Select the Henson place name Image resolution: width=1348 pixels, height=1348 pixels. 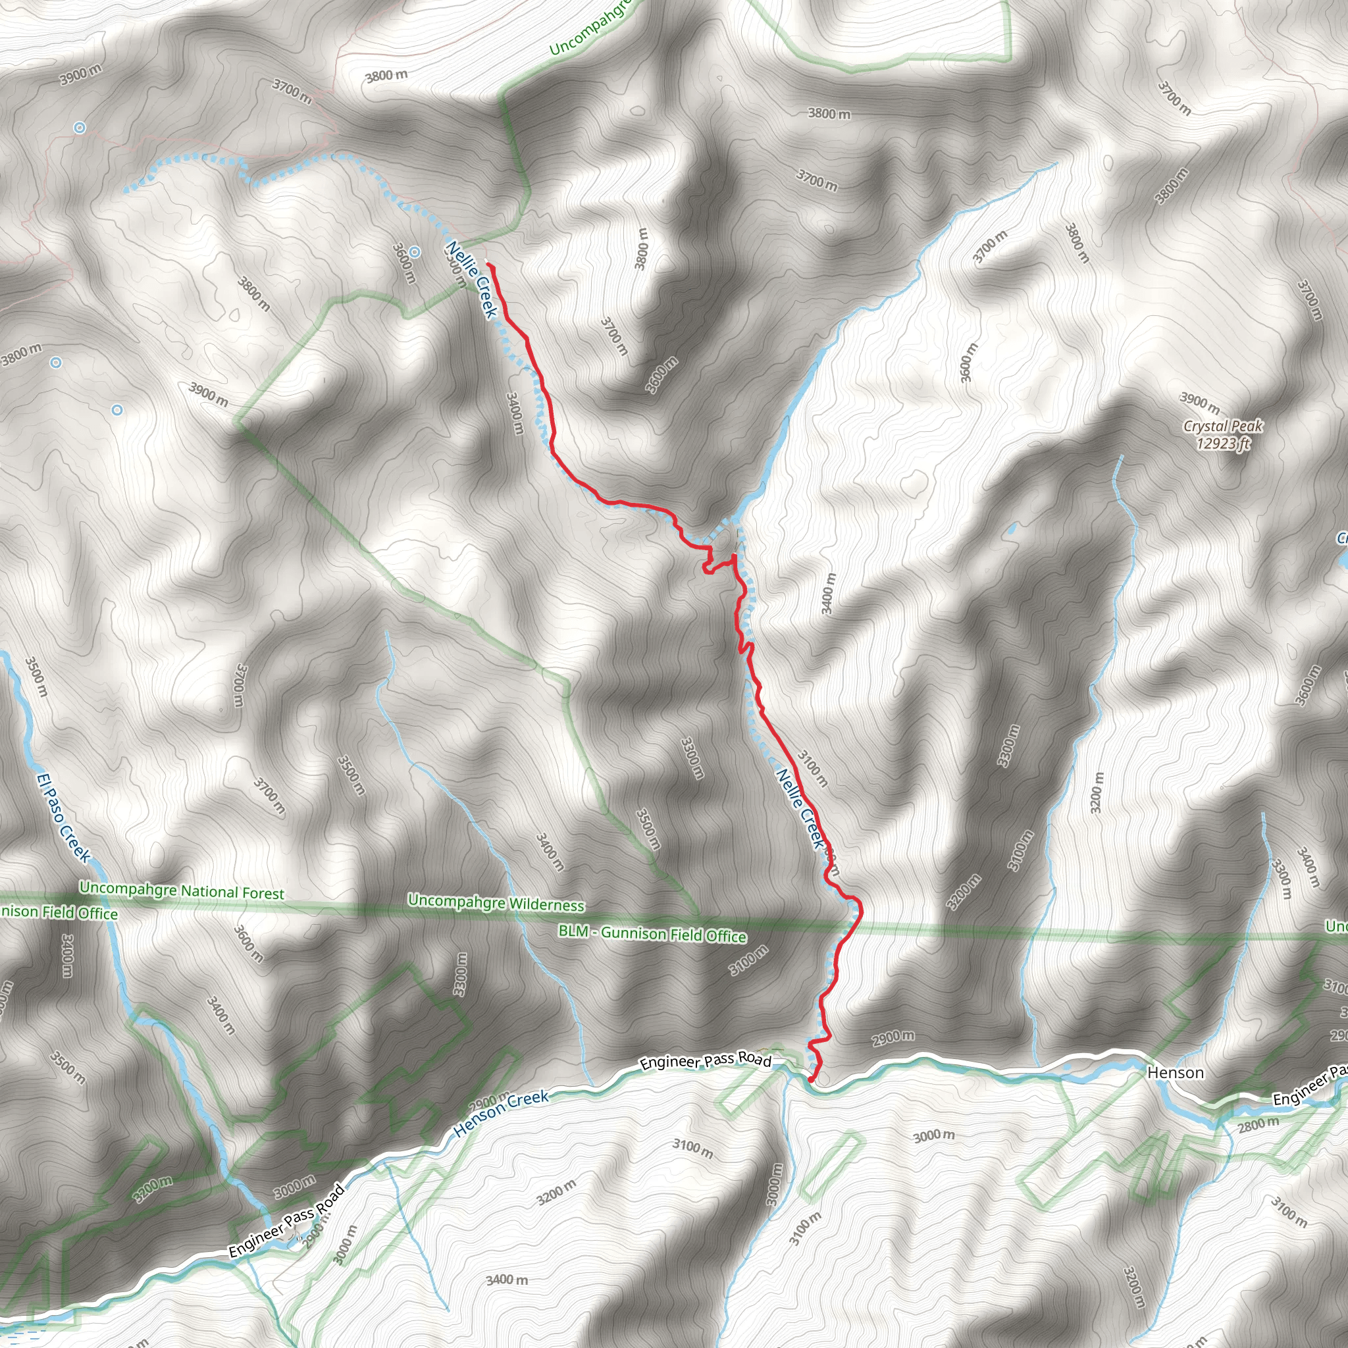pyautogui.click(x=1176, y=1072)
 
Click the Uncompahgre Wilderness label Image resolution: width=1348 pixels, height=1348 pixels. pyautogui.click(x=496, y=903)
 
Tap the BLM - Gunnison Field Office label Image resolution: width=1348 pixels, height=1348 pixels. pyautogui.click(x=652, y=933)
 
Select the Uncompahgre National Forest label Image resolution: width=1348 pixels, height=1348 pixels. pyautogui.click(x=182, y=891)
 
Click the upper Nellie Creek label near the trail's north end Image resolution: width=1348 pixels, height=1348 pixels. pyautogui.click(x=472, y=279)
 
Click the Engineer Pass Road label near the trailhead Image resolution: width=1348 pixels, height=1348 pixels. pyautogui.click(x=706, y=1060)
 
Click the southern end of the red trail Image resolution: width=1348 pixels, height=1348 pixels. pyautogui.click(x=811, y=1079)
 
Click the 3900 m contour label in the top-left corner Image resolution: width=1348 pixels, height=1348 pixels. pyautogui.click(x=80, y=74)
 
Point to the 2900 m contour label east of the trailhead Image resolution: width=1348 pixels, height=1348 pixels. pyautogui.click(x=893, y=1037)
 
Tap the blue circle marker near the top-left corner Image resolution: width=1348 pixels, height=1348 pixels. pyautogui.click(x=80, y=128)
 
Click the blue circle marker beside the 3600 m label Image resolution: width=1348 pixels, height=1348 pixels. pyautogui.click(x=415, y=252)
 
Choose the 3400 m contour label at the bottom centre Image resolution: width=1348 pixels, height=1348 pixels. pyautogui.click(x=507, y=1280)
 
